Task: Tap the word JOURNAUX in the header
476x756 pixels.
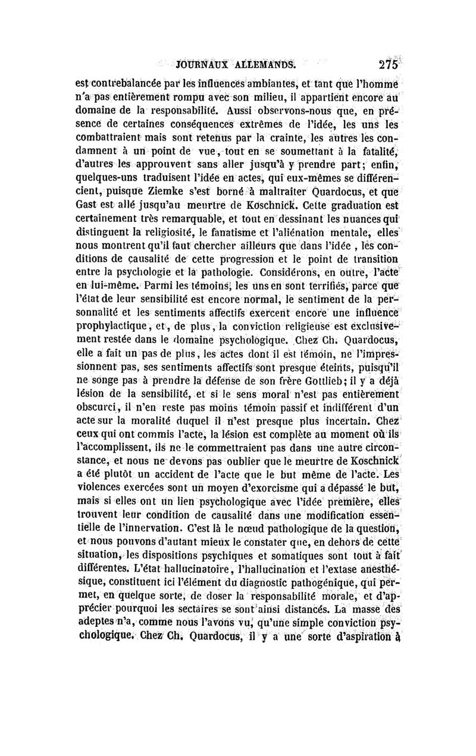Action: (196, 65)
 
